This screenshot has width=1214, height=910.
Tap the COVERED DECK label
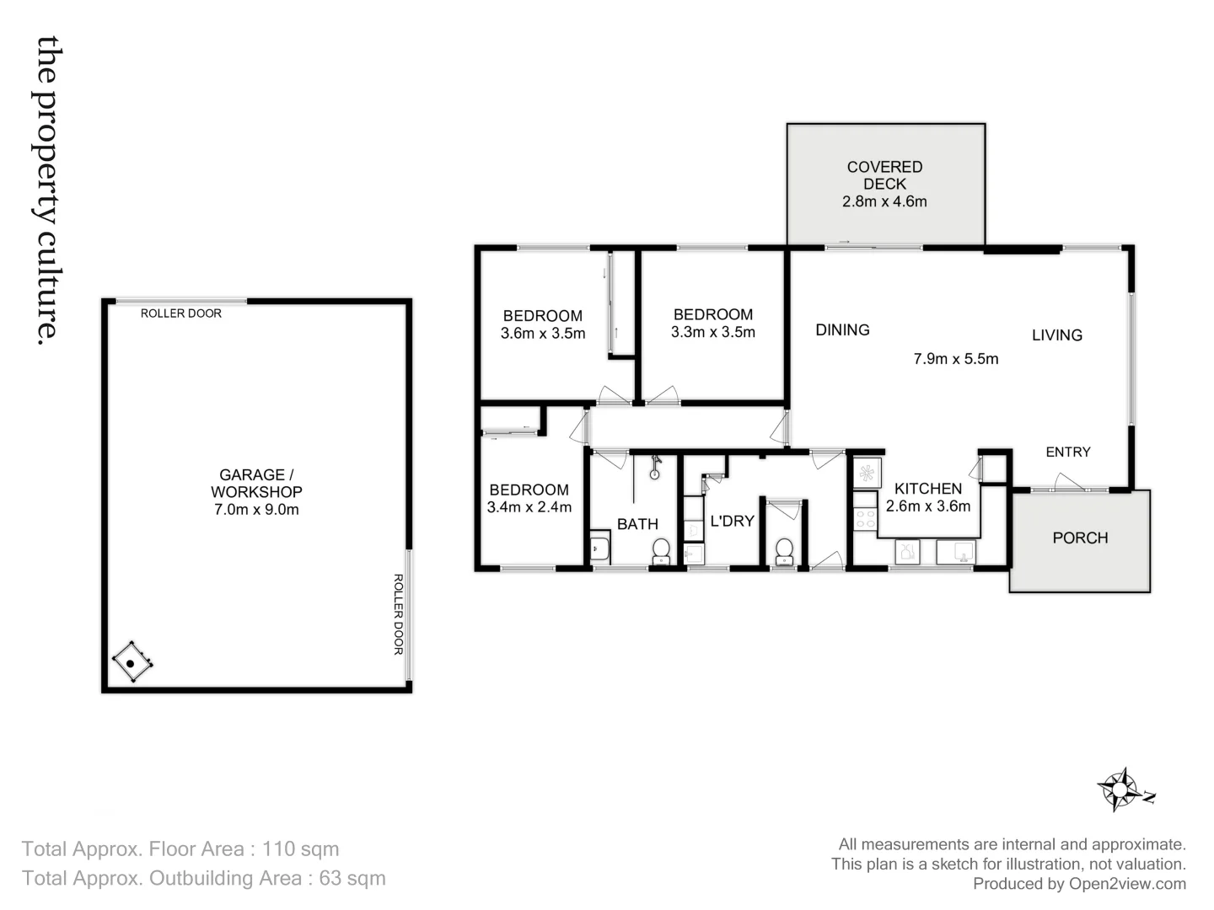click(884, 175)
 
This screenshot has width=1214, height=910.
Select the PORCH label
click(1080, 538)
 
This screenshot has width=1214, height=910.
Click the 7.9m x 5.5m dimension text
click(955, 359)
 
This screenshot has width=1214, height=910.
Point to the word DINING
click(842, 330)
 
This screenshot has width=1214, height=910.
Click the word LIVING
click(1056, 335)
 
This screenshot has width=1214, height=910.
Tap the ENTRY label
click(1068, 452)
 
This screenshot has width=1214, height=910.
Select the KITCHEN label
click(927, 489)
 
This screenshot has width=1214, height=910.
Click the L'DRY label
click(732, 522)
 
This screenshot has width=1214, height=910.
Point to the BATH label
click(637, 524)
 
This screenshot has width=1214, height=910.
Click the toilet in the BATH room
click(661, 551)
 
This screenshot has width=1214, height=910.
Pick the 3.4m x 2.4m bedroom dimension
click(529, 507)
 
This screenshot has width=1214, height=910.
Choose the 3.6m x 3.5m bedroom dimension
click(543, 333)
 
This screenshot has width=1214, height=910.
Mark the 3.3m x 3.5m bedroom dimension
click(712, 332)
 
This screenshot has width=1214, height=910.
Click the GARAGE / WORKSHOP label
click(256, 484)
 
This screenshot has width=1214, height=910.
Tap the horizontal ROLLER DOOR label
click(180, 313)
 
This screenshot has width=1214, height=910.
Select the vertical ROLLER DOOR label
click(399, 614)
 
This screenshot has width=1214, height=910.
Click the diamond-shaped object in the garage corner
click(132, 663)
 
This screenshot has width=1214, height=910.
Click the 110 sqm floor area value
click(300, 849)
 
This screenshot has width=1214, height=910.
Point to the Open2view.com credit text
click(1127, 884)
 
